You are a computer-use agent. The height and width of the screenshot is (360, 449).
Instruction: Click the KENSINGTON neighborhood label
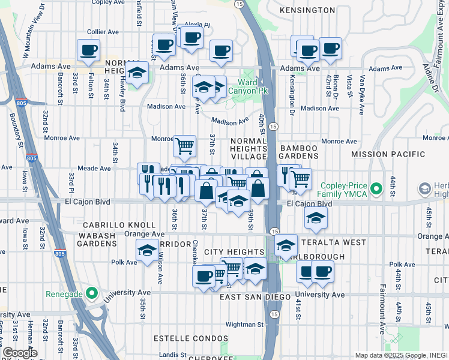pos(307,10)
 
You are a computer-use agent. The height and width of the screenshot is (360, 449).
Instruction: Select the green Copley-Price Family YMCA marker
pos(376,190)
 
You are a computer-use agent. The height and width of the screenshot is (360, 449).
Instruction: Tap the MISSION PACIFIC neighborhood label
pos(388,154)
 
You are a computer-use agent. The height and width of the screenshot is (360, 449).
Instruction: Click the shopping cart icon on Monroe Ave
pos(184,145)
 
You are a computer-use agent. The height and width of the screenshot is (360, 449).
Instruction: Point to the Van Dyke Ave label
pos(362,95)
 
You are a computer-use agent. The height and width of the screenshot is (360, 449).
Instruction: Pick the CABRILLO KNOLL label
pos(107,224)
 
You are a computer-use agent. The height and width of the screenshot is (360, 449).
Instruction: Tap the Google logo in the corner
pos(19,353)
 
